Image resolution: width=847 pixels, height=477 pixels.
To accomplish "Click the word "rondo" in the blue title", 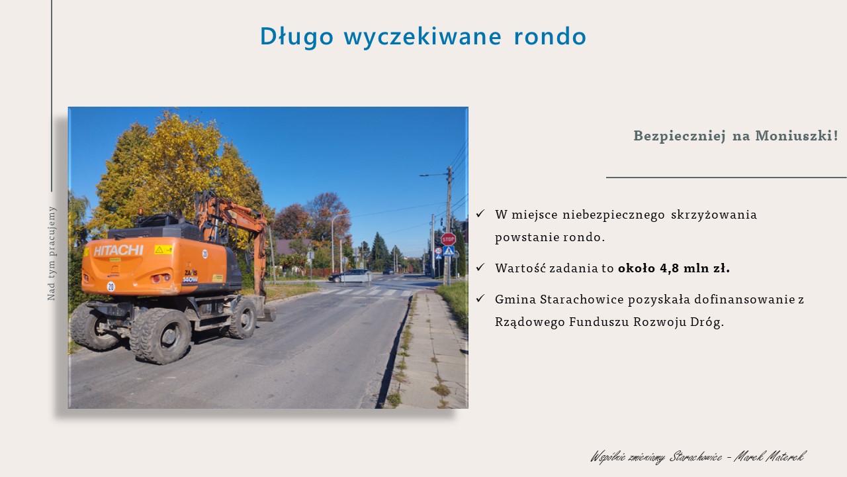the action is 550,36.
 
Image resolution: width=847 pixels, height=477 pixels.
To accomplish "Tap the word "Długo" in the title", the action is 297,37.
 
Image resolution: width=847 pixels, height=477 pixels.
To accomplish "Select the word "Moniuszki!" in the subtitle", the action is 797,136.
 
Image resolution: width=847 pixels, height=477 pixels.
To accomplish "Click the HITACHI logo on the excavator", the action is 118,250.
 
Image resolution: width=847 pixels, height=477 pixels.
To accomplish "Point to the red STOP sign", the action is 449,239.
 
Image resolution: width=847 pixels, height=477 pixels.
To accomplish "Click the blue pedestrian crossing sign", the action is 449,250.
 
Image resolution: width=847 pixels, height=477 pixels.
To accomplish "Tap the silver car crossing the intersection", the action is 350,276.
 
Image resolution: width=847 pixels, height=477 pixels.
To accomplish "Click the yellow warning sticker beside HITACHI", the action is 163,250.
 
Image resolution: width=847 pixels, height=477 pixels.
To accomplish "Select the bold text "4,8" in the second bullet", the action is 670,268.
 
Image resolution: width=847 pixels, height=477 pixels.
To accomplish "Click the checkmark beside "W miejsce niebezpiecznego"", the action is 480,214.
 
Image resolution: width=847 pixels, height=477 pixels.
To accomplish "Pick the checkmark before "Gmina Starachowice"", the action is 480,299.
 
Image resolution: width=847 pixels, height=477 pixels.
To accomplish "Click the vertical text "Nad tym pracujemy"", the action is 52,254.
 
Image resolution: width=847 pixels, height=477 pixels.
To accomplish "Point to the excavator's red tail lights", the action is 161,279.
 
